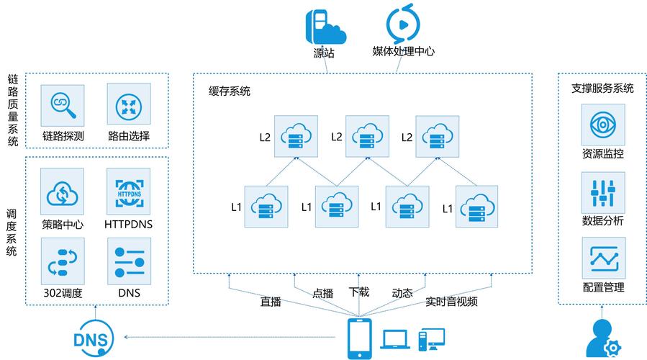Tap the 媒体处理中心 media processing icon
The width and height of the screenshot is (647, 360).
click(402, 24)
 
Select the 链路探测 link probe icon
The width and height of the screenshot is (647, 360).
click(63, 106)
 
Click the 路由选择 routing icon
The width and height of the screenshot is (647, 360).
click(129, 106)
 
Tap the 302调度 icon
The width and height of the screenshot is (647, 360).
click(63, 260)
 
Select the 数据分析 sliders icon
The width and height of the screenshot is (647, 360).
click(603, 192)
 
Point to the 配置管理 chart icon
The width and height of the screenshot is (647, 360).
click(603, 258)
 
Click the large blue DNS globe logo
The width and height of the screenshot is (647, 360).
click(91, 338)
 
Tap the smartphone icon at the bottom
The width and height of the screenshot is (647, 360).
click(359, 337)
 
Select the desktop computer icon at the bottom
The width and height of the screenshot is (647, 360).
click(431, 338)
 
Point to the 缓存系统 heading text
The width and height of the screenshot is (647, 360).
click(230, 91)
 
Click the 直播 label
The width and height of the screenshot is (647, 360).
click(271, 302)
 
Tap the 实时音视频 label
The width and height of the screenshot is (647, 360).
click(451, 302)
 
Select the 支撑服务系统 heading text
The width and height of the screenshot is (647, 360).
click(602, 88)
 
